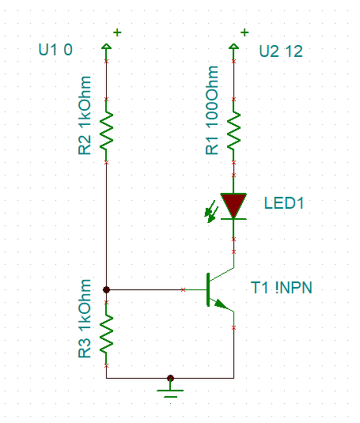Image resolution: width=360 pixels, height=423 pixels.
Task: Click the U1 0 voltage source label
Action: pos(55,50)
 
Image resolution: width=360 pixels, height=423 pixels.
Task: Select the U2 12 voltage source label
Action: pos(281,51)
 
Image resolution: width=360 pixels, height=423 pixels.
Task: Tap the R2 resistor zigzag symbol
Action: pos(106,130)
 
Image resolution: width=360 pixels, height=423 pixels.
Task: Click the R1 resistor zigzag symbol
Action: pos(233,130)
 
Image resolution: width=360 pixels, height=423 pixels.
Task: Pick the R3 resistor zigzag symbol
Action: pos(106,334)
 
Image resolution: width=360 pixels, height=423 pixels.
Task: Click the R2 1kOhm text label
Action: pos(85,115)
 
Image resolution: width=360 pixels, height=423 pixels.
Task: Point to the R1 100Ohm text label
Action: pos(212,110)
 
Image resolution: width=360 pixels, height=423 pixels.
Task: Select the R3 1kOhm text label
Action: pos(85,319)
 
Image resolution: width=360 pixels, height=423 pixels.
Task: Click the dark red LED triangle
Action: pos(233,205)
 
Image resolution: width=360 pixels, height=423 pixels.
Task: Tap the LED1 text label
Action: pos(284,203)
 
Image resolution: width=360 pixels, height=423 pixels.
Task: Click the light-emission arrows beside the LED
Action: pos(210,212)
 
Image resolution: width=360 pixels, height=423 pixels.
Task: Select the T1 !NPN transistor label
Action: pos(282,288)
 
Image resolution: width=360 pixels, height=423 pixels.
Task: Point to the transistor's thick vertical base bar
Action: pos(208,289)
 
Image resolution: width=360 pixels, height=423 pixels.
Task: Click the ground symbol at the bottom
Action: pos(170,393)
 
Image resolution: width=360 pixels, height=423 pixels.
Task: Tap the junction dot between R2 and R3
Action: pos(106,289)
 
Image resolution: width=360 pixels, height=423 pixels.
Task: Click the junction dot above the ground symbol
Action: pos(170,378)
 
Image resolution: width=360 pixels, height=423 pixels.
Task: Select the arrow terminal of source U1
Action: pos(106,47)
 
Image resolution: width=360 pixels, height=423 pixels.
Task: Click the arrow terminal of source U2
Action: pos(233,47)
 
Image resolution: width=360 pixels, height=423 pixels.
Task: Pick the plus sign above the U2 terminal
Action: pos(244,32)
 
